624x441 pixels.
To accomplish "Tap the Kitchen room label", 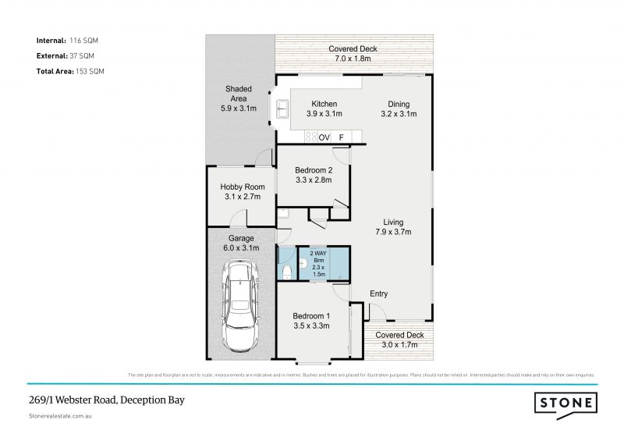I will point(324,108).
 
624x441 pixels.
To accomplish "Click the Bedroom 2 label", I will point(314,175).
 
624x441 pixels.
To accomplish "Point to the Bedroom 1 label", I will point(311,320).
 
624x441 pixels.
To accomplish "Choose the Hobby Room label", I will point(242,191).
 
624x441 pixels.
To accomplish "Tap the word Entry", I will point(378,293).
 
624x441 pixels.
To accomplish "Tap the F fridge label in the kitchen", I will point(341,137).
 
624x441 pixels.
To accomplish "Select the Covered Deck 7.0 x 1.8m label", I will point(353,53).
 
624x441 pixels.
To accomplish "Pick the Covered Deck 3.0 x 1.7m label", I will point(399,339).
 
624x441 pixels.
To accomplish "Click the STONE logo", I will point(566,404).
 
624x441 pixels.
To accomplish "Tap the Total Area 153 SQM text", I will point(70,71).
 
